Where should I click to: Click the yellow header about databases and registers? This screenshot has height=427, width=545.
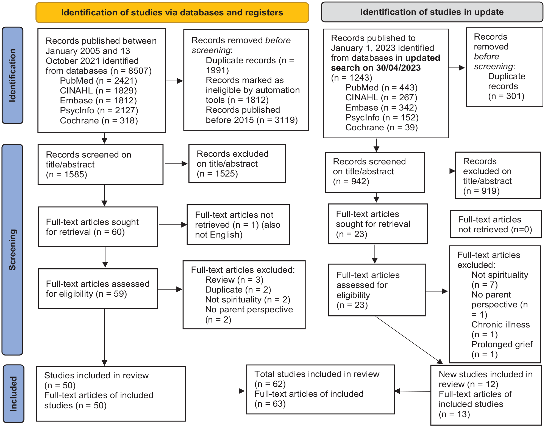(172, 13)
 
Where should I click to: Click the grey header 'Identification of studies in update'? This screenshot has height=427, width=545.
(432, 12)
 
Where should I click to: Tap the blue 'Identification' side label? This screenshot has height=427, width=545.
(12, 75)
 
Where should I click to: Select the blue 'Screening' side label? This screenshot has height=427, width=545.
(12, 250)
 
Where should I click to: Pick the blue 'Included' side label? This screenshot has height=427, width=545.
(13, 394)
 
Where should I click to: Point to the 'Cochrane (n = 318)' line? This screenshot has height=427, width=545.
(99, 120)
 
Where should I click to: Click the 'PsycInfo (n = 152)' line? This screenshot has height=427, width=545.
(382, 117)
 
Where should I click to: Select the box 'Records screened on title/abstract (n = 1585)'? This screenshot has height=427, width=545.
(101, 164)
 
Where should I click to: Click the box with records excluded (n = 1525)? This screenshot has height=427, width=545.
(237, 164)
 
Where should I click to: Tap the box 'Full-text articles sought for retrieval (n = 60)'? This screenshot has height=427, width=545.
(98, 227)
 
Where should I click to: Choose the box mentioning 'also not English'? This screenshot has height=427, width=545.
(238, 225)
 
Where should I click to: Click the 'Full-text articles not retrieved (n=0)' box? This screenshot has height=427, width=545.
(496, 224)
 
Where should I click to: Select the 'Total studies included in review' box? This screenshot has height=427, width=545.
(321, 389)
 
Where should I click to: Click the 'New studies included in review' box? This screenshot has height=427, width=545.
(486, 395)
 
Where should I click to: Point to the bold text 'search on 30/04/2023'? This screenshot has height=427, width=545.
(376, 68)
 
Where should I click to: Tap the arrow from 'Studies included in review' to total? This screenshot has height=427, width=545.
(215, 391)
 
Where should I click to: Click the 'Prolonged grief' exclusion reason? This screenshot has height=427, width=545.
(502, 344)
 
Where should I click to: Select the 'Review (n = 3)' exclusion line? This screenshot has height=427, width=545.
(234, 280)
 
